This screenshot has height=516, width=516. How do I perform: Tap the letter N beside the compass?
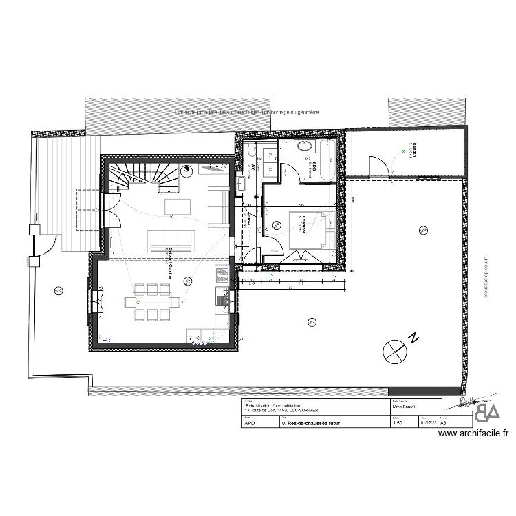(413, 338)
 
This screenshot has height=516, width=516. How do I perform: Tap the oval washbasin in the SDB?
(303, 147)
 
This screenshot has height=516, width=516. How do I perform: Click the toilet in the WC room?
(251, 153)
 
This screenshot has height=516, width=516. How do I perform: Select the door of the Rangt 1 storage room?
(378, 166)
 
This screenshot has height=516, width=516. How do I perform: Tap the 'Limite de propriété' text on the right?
(485, 275)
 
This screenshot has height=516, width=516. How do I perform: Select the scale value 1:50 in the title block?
(396, 424)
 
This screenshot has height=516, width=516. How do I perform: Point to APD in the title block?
(250, 424)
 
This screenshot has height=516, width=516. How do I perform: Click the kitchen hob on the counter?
(222, 275)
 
